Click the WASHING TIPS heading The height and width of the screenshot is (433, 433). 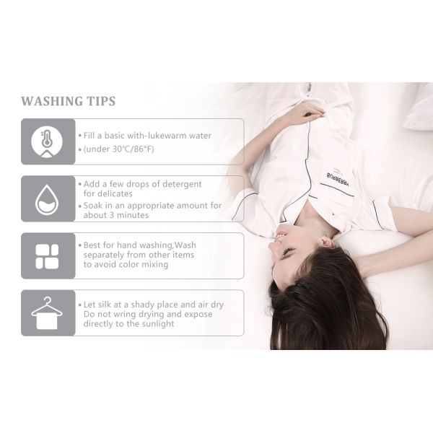[68, 101]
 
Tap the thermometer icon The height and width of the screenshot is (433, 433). [47, 141]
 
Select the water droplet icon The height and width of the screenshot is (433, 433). [47, 198]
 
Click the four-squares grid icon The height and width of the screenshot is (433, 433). [47, 255]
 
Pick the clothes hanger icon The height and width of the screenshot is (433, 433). [47, 312]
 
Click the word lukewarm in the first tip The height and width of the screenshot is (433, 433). [167, 135]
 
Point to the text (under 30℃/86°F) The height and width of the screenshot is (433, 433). [119, 149]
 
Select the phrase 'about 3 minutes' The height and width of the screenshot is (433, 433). [115, 215]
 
